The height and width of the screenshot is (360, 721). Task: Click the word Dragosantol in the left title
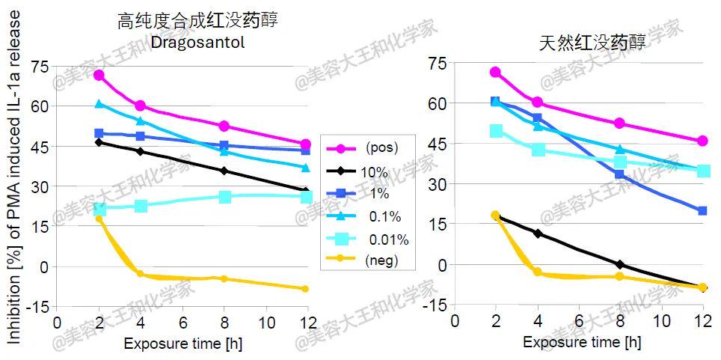(x=197, y=43)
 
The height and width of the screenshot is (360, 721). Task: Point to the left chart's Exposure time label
(x=183, y=345)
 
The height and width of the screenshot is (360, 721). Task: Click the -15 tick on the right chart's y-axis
(x=436, y=305)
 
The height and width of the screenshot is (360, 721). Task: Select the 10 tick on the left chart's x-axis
(x=266, y=323)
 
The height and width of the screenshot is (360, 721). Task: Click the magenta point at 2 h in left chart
(x=99, y=76)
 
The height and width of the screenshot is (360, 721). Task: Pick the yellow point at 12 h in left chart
(x=304, y=289)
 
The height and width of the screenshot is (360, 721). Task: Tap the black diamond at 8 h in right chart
(x=619, y=264)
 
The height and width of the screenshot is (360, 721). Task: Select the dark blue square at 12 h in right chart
(x=702, y=211)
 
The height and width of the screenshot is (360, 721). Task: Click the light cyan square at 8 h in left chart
(x=225, y=197)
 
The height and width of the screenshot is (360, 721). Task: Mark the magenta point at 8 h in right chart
(x=619, y=123)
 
